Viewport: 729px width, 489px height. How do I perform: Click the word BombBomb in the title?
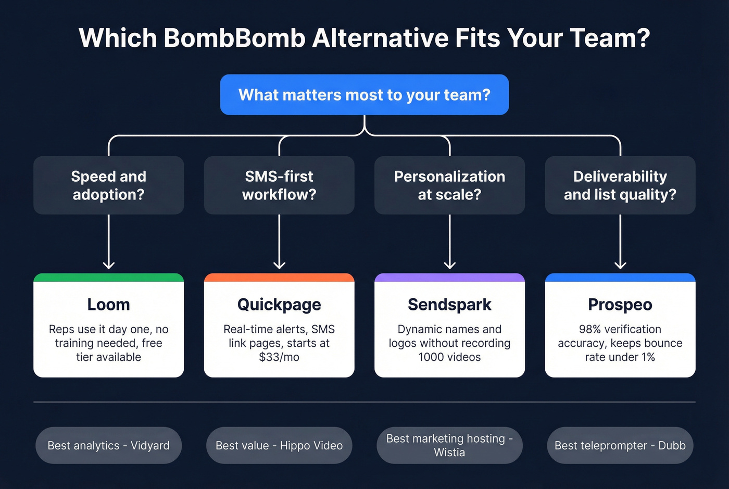click(x=234, y=38)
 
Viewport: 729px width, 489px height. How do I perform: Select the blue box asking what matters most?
click(x=364, y=95)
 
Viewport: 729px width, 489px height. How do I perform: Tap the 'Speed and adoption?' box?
click(x=108, y=185)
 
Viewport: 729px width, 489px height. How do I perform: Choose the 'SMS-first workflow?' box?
click(x=279, y=185)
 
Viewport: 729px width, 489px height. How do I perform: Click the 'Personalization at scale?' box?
click(x=449, y=185)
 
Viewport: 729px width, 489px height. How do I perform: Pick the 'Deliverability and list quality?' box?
click(x=620, y=185)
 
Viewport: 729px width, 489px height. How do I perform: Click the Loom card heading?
click(x=108, y=305)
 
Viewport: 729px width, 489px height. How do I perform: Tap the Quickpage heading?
click(x=279, y=305)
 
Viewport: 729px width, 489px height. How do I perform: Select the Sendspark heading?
click(x=449, y=305)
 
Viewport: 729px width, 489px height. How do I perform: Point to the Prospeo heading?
click(x=620, y=305)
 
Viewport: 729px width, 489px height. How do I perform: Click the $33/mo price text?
click(x=279, y=357)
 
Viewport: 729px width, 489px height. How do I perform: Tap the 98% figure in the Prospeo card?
click(x=590, y=329)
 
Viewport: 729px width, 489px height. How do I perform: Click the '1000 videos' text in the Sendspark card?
click(x=449, y=357)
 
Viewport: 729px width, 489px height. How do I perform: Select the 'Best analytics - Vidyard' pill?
click(x=108, y=445)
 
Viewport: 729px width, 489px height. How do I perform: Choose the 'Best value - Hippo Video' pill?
click(x=279, y=445)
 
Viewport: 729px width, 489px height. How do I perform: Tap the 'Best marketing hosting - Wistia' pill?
click(x=449, y=445)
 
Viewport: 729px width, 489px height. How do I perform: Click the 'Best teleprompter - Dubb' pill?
click(x=620, y=445)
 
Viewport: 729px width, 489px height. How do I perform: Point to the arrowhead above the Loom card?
click(x=108, y=265)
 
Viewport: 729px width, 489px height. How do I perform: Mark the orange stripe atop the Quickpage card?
click(x=279, y=278)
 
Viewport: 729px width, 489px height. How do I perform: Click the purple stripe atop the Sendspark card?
click(x=449, y=278)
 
